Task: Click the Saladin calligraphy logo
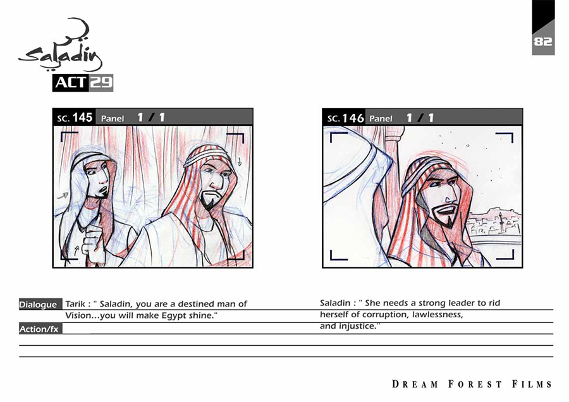61,46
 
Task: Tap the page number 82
543,41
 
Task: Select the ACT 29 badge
83,83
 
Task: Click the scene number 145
82,118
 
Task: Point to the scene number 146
353,118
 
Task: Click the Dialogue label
38,305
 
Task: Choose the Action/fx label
39,329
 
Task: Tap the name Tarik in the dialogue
75,303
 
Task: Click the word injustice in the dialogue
358,326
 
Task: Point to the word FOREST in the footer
475,384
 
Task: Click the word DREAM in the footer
415,384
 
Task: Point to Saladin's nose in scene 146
450,197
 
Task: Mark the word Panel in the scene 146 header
381,118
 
